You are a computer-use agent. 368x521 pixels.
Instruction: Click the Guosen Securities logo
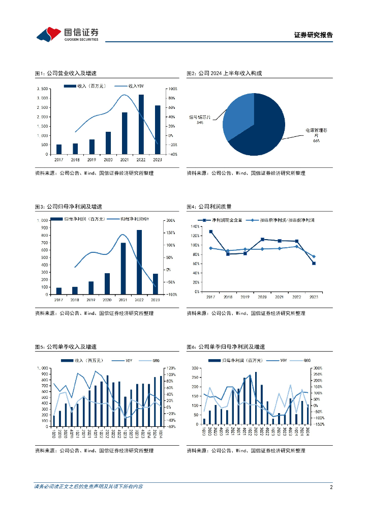[67, 34]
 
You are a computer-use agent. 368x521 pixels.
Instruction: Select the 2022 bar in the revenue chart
[141, 125]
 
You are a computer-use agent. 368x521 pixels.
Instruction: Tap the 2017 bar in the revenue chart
[59, 149]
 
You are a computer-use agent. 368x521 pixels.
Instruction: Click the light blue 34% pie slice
[238, 114]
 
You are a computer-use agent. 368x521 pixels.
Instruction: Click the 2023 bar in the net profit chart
[156, 284]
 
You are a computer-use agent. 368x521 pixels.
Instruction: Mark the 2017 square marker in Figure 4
[211, 231]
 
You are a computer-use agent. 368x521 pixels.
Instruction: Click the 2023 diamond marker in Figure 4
[314, 256]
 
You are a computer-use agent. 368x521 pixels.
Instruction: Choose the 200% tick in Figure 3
[171, 220]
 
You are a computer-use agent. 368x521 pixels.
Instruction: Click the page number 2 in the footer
[331, 487]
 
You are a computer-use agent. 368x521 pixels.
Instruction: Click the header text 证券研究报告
[314, 35]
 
